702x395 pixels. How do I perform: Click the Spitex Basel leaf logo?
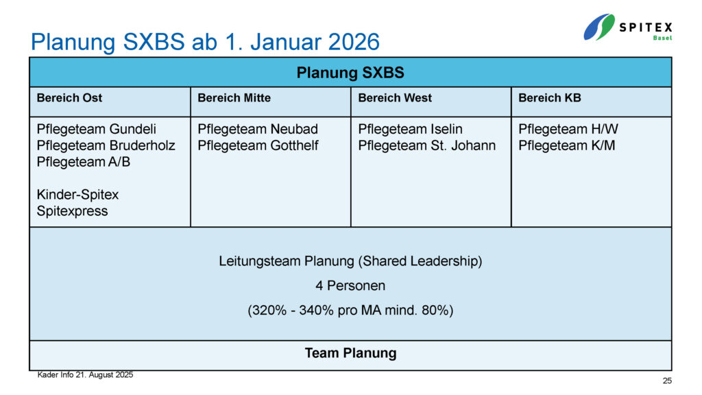tap(599, 27)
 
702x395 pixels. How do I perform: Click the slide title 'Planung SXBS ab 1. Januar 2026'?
tap(205, 42)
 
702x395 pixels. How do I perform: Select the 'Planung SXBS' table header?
tap(350, 73)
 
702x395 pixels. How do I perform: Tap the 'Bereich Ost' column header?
tap(69, 97)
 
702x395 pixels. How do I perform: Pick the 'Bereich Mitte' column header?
tap(234, 97)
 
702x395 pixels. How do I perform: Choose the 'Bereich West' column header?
tap(395, 97)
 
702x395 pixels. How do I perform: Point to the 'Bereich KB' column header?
tap(550, 97)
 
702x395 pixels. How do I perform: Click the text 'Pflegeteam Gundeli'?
tap(96, 129)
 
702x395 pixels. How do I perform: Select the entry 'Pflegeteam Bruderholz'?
tap(106, 145)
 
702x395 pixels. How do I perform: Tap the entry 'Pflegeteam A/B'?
tap(83, 162)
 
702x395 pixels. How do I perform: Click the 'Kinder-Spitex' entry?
tap(77, 194)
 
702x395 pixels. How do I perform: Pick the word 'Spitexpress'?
tap(72, 211)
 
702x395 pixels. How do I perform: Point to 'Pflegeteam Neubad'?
tap(258, 129)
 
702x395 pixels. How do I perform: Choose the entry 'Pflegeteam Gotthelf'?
tap(258, 145)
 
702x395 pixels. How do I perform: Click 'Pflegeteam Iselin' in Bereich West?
tap(410, 129)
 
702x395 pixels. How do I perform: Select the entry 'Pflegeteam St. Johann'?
tap(426, 145)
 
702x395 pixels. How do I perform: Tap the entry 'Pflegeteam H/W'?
tap(568, 129)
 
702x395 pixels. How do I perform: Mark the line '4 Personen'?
tap(350, 286)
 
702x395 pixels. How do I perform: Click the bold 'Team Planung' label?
tap(350, 353)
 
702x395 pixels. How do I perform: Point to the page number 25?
tap(667, 381)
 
